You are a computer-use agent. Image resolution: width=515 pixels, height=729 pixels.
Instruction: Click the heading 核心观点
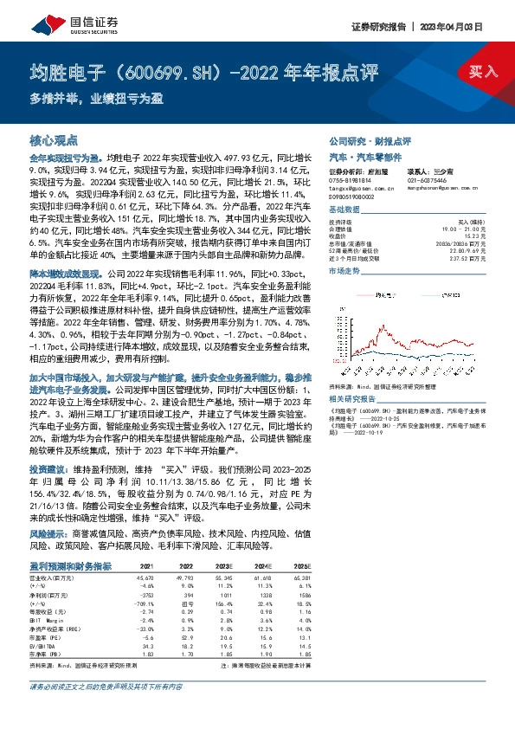(55, 139)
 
